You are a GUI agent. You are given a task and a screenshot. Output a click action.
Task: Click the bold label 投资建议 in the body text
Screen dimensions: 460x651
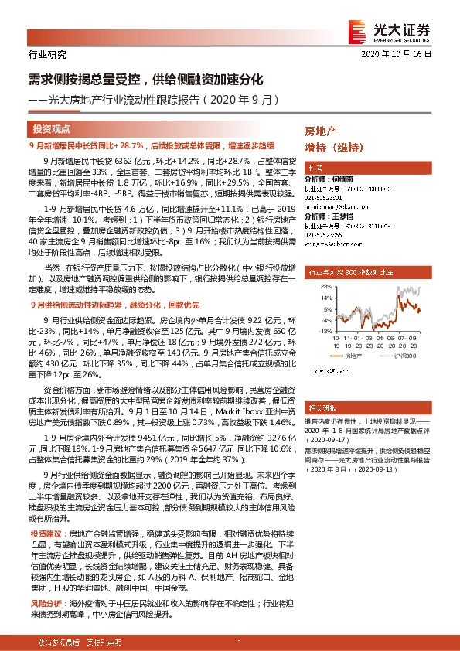coord(44,535)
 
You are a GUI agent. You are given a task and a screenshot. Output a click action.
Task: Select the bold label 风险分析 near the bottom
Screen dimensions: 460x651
coord(44,601)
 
